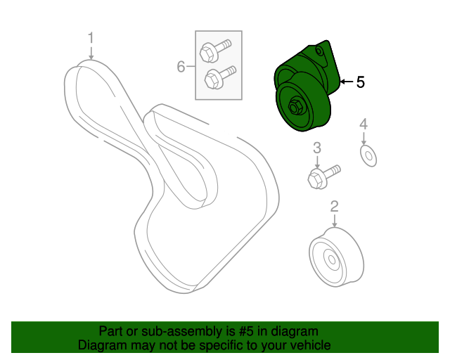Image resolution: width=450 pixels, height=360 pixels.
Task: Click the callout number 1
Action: [91, 37]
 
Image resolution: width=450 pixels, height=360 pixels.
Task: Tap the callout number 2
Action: [335, 207]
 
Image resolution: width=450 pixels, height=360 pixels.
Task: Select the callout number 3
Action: [317, 148]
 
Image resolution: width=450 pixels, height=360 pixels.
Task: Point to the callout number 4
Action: [364, 124]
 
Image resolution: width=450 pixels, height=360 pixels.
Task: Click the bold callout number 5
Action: [361, 82]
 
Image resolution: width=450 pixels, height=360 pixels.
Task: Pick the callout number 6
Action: [181, 67]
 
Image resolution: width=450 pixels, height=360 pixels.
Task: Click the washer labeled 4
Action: [368, 156]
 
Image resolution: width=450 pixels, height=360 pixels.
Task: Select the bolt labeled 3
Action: [323, 176]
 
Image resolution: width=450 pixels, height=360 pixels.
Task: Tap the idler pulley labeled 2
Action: [336, 257]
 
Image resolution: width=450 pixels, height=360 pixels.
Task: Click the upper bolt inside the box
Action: [215, 50]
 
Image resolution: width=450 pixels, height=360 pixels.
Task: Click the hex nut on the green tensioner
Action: [295, 108]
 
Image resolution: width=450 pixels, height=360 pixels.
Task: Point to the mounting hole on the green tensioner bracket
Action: [319, 51]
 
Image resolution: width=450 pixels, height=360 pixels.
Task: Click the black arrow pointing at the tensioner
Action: [347, 82]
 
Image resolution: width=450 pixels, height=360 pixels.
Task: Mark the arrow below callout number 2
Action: [335, 221]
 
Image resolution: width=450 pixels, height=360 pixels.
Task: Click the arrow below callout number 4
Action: [364, 139]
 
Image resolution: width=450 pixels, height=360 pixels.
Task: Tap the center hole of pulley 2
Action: [332, 260]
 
